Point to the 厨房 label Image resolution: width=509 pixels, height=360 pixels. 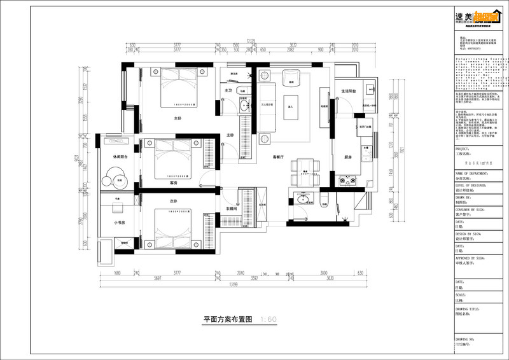tap(348, 156)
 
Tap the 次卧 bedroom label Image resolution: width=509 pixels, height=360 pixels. tap(173, 201)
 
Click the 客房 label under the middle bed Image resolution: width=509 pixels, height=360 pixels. tap(173, 183)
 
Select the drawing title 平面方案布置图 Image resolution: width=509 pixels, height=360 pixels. tap(228, 319)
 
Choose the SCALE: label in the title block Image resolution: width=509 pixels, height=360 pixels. tap(460, 295)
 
